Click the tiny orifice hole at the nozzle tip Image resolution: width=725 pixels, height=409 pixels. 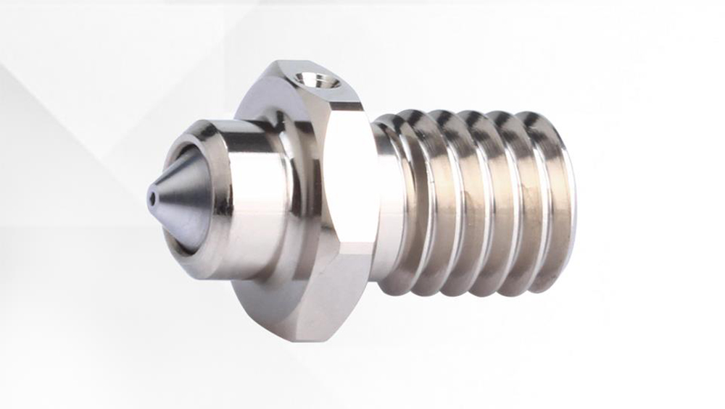click(152, 195)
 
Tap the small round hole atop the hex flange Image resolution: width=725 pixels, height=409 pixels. click(315, 78)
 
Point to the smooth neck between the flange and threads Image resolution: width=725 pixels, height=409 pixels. click(384, 203)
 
